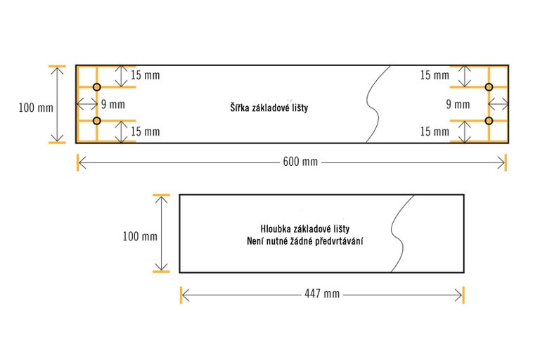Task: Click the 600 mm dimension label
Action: point(300,162)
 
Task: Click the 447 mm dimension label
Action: point(321,294)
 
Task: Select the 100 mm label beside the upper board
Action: point(36,108)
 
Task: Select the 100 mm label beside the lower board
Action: point(139,236)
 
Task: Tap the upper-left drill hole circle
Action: point(97,87)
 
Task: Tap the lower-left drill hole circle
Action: point(97,121)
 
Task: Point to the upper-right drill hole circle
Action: point(489,87)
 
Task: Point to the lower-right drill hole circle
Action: point(489,121)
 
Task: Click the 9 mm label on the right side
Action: point(458,105)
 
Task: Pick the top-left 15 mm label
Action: point(145,75)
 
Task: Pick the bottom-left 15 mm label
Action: point(145,131)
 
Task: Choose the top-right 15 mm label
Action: point(434,75)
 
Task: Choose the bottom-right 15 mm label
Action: point(434,131)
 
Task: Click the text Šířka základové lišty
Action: point(269,108)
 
